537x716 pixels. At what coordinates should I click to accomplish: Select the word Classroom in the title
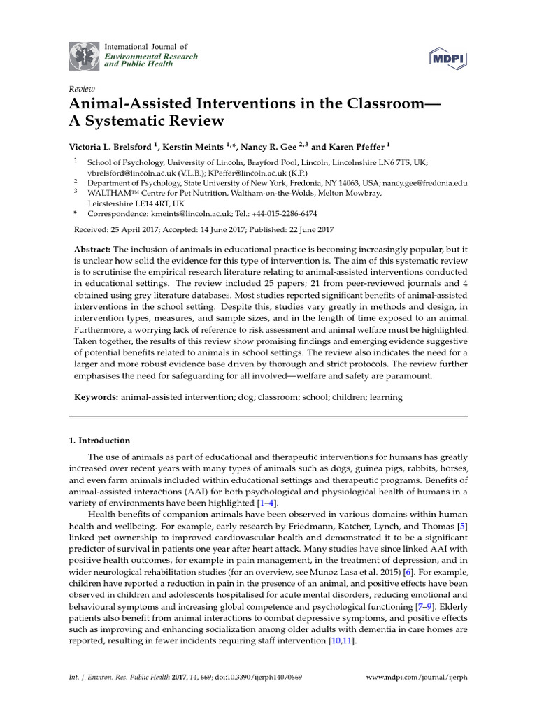[379, 103]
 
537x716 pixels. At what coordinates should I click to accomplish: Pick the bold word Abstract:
[92, 250]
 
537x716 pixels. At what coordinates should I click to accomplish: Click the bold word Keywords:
[96, 397]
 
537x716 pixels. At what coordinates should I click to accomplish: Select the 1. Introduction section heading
[99, 441]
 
